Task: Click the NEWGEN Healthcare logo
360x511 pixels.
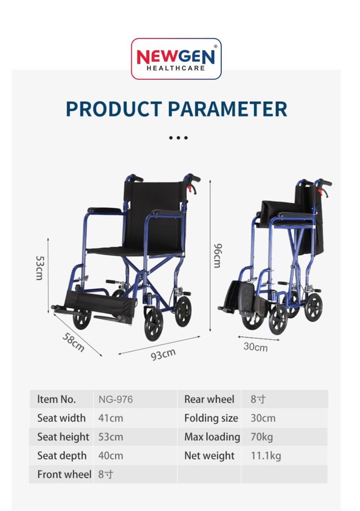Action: point(176,59)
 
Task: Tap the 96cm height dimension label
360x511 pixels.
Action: point(217,256)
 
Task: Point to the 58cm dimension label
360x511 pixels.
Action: point(73,342)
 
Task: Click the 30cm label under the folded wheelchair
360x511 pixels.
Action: point(255,347)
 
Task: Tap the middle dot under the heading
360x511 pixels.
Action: point(178,138)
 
